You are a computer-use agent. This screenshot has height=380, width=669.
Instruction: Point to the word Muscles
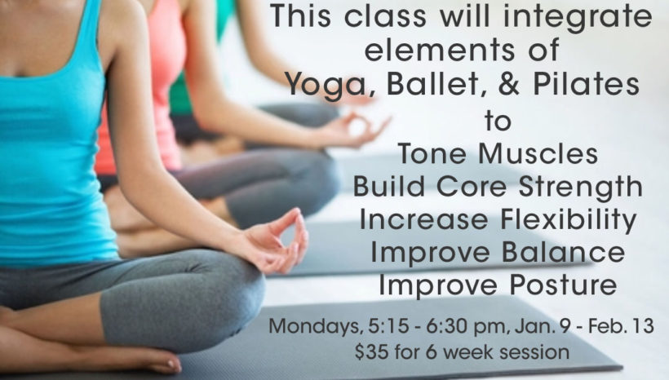coord(538,153)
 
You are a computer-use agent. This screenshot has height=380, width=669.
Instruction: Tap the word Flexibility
coord(569,221)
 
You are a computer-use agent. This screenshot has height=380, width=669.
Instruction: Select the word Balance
coord(563,252)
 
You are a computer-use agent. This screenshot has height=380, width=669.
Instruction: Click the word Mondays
coord(314,327)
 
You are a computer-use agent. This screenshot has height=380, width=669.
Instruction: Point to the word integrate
coord(578,18)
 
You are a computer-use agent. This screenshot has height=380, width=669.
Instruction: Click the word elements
coord(440,50)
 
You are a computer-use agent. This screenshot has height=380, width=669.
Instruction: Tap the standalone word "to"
coord(498,121)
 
